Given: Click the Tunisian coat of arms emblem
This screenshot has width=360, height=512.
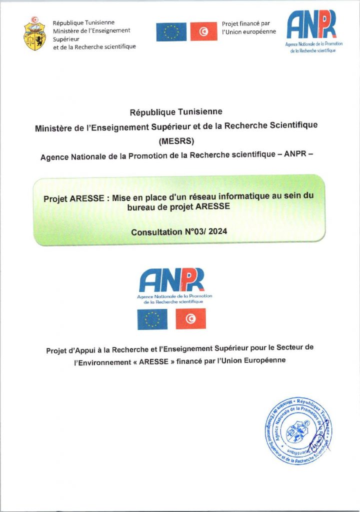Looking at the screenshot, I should click(34, 33).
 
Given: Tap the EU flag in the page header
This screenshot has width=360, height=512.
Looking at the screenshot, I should click(171, 32).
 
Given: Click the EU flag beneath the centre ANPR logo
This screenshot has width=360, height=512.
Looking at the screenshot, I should click(152, 319).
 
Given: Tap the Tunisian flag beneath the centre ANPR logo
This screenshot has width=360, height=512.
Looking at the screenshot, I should click(190, 319).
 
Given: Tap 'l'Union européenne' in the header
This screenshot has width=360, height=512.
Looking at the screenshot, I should click(248, 32).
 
